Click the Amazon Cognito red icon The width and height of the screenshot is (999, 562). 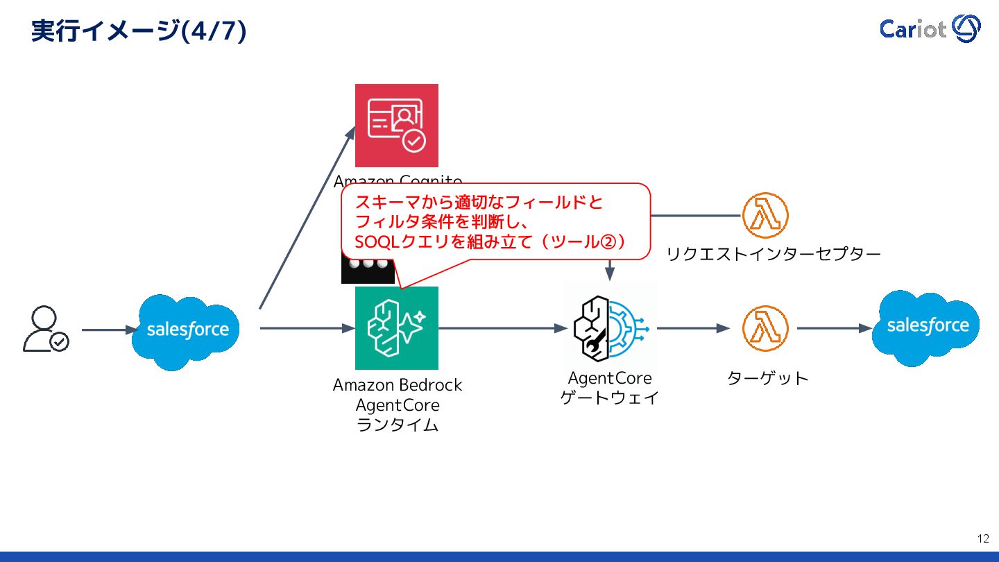(x=397, y=126)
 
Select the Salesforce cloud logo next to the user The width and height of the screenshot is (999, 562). (x=185, y=330)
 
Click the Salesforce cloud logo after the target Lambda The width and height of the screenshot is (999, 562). (x=926, y=327)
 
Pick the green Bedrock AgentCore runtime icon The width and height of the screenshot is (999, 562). (x=397, y=328)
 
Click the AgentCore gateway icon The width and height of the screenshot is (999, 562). (x=610, y=327)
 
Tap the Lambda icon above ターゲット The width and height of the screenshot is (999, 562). (x=765, y=328)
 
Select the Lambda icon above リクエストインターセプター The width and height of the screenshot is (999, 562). (x=765, y=216)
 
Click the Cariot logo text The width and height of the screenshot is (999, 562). (x=912, y=29)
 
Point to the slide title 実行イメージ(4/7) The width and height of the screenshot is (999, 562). (x=139, y=31)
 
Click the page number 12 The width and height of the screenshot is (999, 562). (x=983, y=538)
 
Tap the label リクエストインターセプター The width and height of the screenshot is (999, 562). (x=773, y=254)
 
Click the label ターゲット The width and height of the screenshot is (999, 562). (x=767, y=379)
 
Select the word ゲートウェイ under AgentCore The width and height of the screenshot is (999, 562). (x=610, y=398)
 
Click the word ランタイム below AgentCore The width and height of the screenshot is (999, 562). (x=397, y=425)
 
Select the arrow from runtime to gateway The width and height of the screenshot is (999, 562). (x=502, y=328)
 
